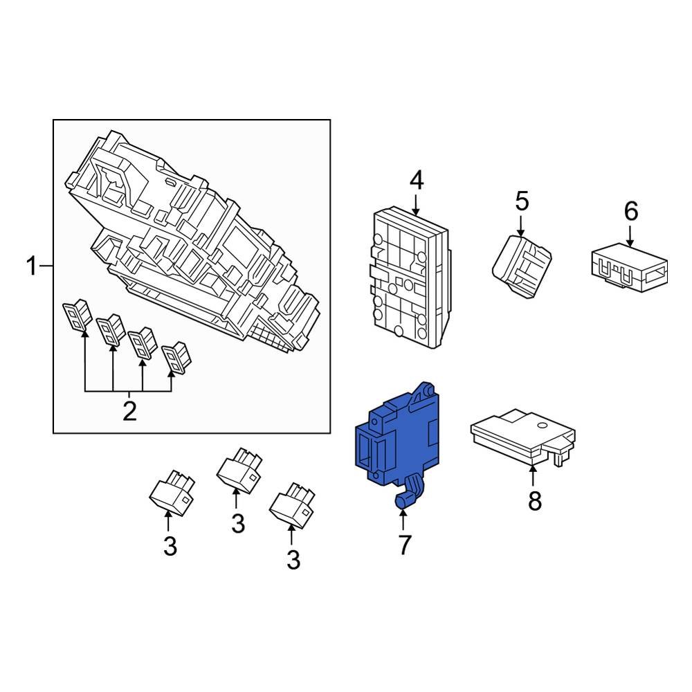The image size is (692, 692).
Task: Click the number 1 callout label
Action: click(x=31, y=266)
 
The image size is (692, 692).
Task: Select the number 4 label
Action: click(x=415, y=181)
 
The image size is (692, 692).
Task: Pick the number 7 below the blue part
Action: click(x=404, y=544)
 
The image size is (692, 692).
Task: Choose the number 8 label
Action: click(x=534, y=500)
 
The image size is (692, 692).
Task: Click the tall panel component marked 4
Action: click(x=408, y=277)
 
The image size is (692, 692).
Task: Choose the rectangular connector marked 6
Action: click(x=628, y=270)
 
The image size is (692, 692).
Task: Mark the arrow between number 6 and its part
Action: click(x=630, y=235)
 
